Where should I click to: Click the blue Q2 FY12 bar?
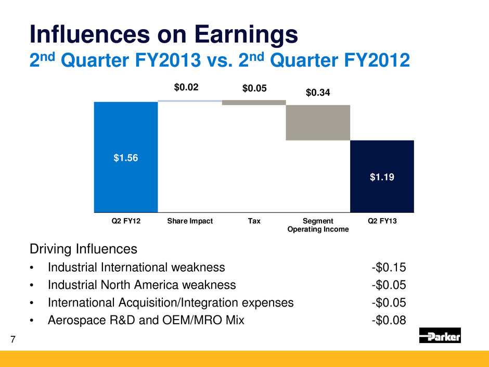[125, 156]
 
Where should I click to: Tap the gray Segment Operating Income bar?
[318, 122]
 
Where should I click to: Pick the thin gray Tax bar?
[254, 103]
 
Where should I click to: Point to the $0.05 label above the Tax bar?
[254, 89]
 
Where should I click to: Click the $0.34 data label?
[318, 93]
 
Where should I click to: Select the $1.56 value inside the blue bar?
[126, 158]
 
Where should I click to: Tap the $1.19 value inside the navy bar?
[382, 178]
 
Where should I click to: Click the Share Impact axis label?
[190, 221]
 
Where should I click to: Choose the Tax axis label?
[254, 221]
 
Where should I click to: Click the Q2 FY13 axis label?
[382, 221]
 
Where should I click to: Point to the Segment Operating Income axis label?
[318, 225]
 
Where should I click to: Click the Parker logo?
[440, 335]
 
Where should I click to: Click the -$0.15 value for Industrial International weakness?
[389, 268]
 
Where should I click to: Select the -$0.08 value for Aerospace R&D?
[389, 320]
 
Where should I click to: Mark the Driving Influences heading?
[83, 249]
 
